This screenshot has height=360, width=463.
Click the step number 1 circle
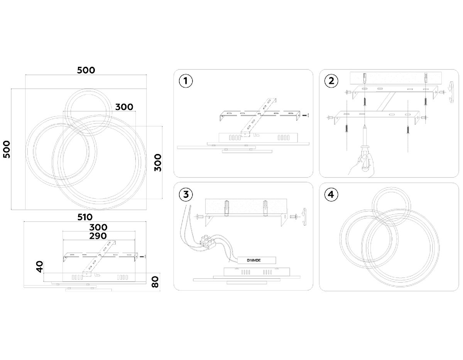click(186, 81)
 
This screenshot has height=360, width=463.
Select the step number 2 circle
click(331, 81)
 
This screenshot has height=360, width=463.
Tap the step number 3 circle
click(186, 194)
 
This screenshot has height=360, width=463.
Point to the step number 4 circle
click(331, 194)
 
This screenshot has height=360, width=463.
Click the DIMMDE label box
click(257, 260)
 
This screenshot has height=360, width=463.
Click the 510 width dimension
click(85, 217)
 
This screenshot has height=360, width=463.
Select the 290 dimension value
click(98, 236)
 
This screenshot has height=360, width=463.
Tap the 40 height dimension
click(40, 267)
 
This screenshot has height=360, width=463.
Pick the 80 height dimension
click(155, 282)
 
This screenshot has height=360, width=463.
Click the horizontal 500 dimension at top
click(86, 70)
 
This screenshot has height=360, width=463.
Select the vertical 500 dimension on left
click(7, 149)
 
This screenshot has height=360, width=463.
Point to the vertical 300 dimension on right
click(158, 163)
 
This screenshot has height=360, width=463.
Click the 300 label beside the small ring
click(124, 107)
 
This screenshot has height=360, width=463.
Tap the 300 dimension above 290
click(98, 227)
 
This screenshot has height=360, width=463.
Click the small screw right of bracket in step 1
click(305, 115)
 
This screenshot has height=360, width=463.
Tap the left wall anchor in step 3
click(226, 208)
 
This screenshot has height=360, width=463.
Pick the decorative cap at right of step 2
click(451, 92)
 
